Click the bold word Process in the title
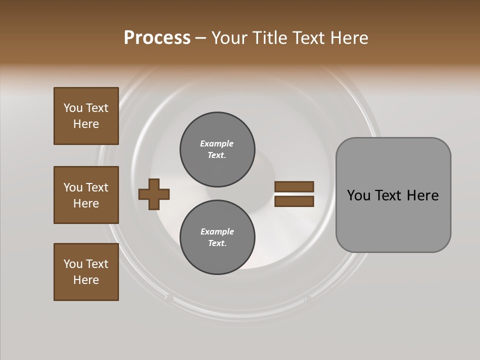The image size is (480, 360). click(x=157, y=38)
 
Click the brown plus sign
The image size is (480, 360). click(x=154, y=194)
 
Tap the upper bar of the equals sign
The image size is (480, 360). click(x=294, y=186)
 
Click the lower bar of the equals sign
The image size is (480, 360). click(x=294, y=201)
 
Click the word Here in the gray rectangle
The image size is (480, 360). click(x=422, y=195)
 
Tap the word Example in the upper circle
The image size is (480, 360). click(x=216, y=143)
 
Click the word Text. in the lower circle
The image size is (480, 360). click(x=217, y=243)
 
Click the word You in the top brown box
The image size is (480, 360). click(x=73, y=108)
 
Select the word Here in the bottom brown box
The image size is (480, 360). click(x=86, y=280)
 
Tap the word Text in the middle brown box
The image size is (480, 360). click(x=97, y=187)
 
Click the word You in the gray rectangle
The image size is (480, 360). click(x=358, y=195)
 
